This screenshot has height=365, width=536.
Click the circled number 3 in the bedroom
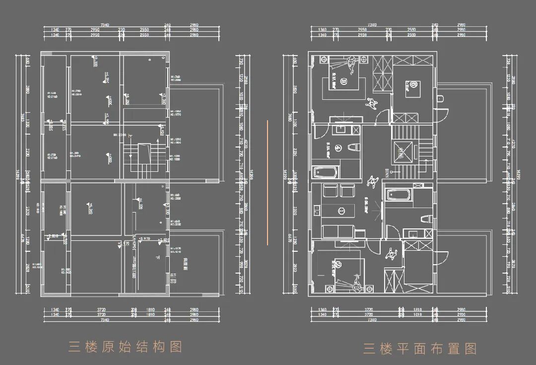[x=342, y=79]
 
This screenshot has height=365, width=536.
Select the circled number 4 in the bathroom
[x=338, y=147]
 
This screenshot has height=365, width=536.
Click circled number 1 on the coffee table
[x=341, y=211]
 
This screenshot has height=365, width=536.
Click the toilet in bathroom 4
[x=353, y=147]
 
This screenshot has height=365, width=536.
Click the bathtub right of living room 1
[x=399, y=195]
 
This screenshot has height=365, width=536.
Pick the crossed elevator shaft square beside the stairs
[x=402, y=151]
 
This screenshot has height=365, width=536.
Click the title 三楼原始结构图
[x=125, y=346]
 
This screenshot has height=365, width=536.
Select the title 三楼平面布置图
[x=419, y=348]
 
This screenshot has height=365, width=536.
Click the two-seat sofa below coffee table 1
[x=337, y=231]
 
